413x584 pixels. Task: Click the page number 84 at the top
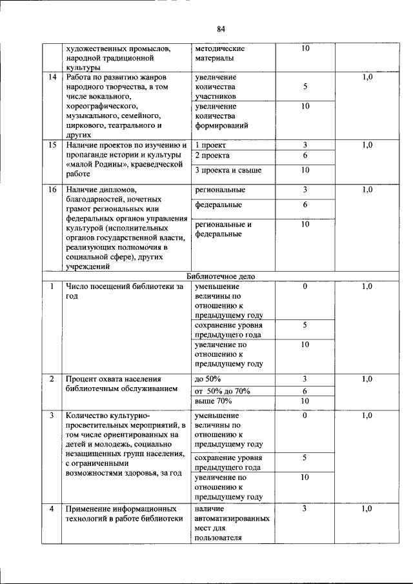click(x=221, y=29)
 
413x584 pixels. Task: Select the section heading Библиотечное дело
click(x=221, y=276)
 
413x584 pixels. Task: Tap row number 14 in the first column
click(x=52, y=77)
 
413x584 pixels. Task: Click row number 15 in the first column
click(x=52, y=145)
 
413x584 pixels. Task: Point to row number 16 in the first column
click(x=52, y=190)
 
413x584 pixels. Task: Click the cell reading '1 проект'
click(x=210, y=145)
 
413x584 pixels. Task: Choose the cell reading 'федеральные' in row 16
click(x=218, y=205)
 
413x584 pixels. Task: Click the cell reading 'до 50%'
click(x=208, y=379)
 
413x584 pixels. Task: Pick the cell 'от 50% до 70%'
click(x=222, y=391)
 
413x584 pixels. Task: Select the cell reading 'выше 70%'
click(x=212, y=401)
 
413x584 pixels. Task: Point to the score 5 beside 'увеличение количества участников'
click(x=305, y=86)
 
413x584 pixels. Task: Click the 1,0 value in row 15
click(x=367, y=145)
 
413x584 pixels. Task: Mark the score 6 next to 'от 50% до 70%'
click(x=305, y=391)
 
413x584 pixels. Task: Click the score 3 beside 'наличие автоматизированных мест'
click(x=305, y=509)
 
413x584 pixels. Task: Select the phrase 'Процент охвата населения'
click(x=113, y=379)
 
